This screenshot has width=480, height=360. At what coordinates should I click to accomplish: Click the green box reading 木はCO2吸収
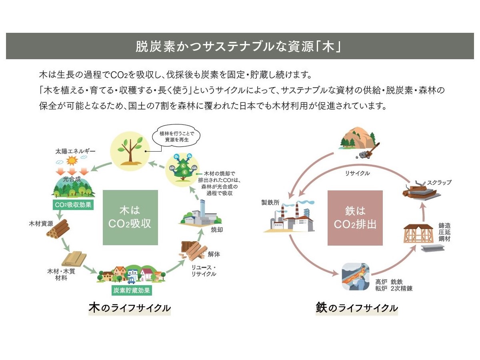click(130, 217)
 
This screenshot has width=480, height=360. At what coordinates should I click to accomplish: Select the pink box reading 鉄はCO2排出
click(355, 217)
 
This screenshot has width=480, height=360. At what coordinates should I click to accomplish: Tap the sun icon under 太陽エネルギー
click(72, 161)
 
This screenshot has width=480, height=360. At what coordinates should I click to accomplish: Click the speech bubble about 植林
click(176, 137)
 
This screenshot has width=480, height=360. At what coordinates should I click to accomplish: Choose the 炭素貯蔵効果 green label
click(131, 290)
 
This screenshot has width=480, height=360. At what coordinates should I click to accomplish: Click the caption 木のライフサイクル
click(130, 308)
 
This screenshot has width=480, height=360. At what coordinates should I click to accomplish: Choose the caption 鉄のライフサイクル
click(356, 308)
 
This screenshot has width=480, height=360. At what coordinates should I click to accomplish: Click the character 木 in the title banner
click(328, 47)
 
